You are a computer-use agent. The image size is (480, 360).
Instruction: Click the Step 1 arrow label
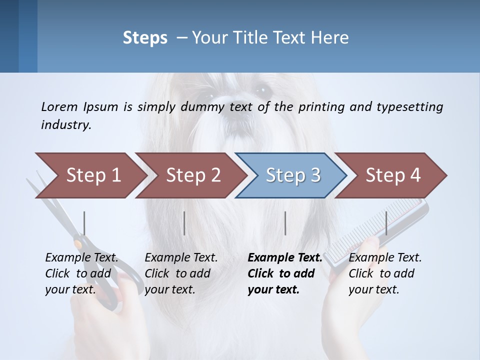pos(93,175)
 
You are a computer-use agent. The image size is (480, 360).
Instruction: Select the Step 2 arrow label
pos(193,175)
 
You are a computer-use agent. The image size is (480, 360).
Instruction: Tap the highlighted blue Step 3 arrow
pos(292,175)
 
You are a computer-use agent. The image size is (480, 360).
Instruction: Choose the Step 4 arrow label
pos(393,175)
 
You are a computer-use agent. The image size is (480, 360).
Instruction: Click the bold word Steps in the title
pos(145,38)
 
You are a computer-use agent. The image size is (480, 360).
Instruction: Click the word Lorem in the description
pos(59,106)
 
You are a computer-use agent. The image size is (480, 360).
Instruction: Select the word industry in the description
pos(65,125)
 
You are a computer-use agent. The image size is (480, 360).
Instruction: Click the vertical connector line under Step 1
pos(84,223)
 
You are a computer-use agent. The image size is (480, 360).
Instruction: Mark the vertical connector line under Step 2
pos(184,223)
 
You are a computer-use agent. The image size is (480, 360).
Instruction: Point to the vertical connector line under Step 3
pos(285,223)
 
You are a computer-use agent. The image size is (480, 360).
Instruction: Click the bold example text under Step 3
pos(284,273)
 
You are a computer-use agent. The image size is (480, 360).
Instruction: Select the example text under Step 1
pos(81,273)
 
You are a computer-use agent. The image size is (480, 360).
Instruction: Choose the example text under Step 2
pos(181,273)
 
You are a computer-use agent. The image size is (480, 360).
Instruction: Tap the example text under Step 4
pos(385,273)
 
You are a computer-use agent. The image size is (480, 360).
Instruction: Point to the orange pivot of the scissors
pos(78,244)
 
